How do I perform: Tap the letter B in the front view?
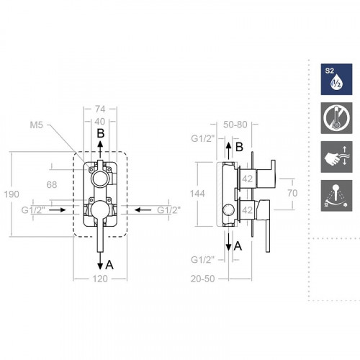coord(102,133)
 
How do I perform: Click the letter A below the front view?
coord(109,264)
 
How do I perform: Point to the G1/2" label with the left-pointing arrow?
coord(168,210)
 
